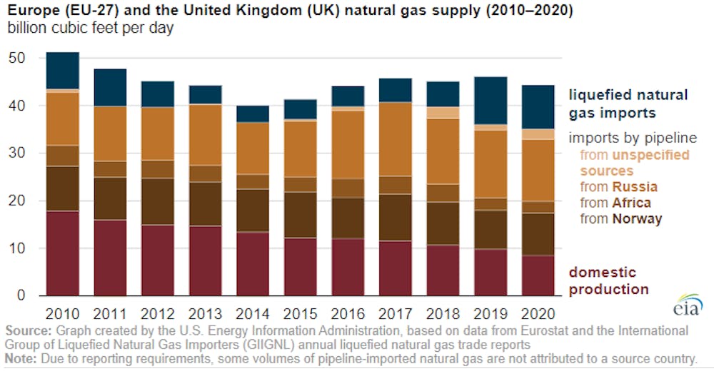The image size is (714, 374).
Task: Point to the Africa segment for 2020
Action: [538, 207]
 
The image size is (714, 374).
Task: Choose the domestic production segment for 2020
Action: [538, 276]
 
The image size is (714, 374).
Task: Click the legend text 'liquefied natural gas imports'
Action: [628, 103]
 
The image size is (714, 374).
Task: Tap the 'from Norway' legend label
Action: [620, 219]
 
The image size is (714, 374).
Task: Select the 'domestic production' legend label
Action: [608, 280]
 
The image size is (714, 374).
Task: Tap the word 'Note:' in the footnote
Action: [21, 358]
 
